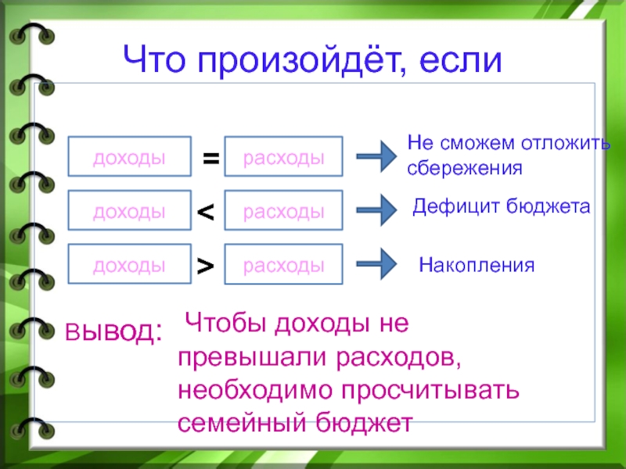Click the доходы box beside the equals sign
(x=130, y=157)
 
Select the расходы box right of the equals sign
(x=283, y=157)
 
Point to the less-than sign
(x=205, y=211)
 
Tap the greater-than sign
(x=205, y=266)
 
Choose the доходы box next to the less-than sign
(x=130, y=210)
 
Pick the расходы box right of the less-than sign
(x=283, y=210)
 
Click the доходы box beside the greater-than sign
(x=130, y=265)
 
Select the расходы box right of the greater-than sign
(x=283, y=265)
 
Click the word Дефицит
(x=451, y=206)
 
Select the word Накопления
(x=477, y=265)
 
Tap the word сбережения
(x=464, y=167)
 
